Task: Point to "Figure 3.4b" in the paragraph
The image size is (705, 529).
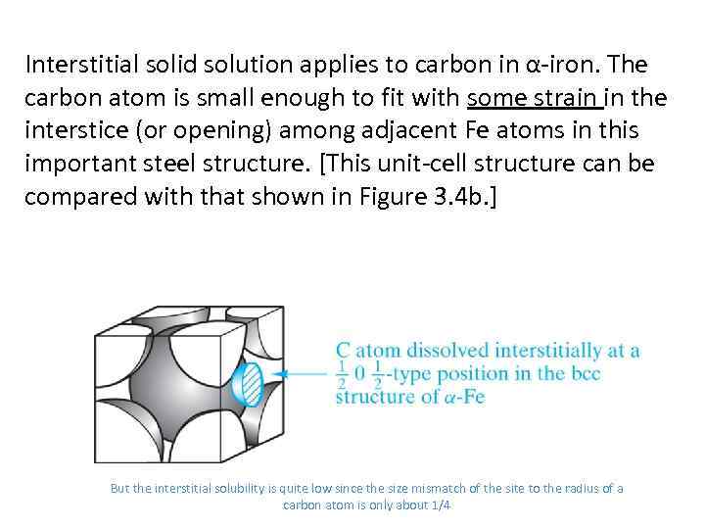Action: pos(446,195)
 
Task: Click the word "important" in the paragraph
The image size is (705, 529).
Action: pos(71,164)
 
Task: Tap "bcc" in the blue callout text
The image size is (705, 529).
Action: pos(584,373)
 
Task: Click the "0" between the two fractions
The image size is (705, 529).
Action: pos(360,374)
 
